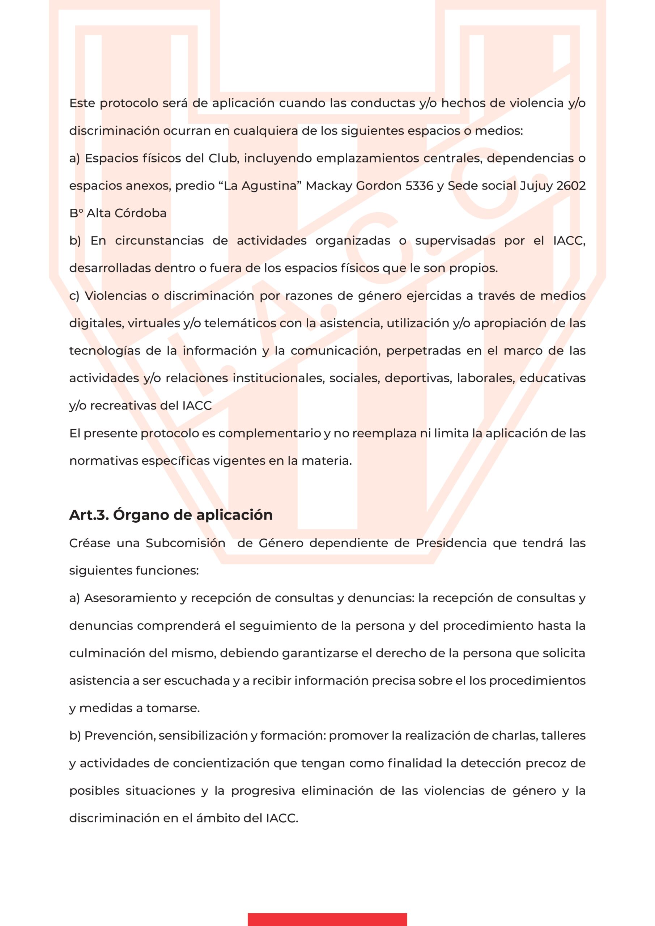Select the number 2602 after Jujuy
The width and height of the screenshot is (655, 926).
pos(570,186)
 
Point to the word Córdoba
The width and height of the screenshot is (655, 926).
pos(140,213)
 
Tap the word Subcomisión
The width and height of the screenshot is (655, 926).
pos(186,543)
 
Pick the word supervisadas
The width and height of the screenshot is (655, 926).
pos(455,241)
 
